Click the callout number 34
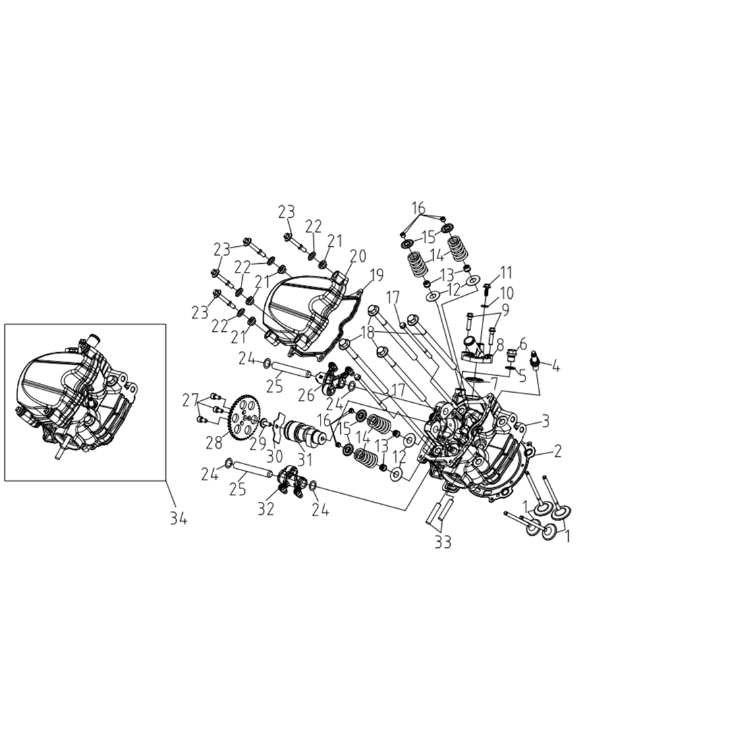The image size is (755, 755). [x=177, y=518]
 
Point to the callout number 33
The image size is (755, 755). [x=443, y=542]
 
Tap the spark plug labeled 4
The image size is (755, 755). [x=535, y=361]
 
